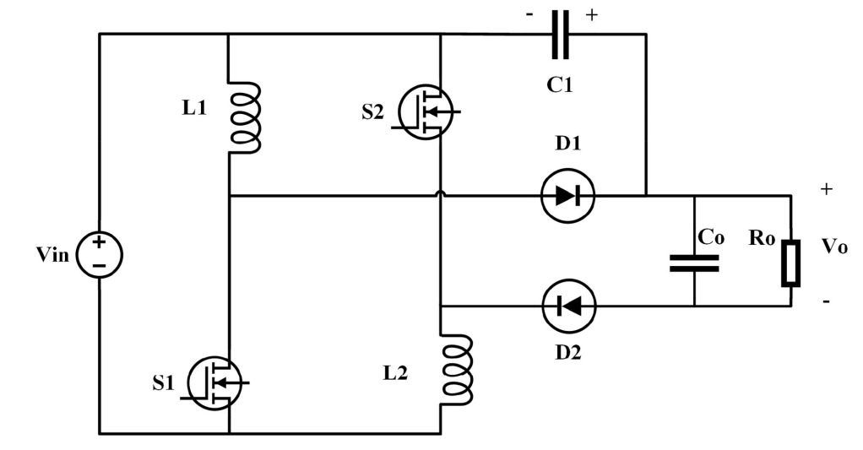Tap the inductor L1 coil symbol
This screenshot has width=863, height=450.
[244, 117]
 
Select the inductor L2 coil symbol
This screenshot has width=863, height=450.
[456, 371]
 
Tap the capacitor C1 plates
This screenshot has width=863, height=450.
[561, 34]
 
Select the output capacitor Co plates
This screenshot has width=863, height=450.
[694, 263]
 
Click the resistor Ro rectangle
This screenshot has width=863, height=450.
[791, 263]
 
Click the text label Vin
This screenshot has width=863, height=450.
[53, 255]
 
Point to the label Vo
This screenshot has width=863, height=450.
[834, 246]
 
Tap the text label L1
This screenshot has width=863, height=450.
[194, 108]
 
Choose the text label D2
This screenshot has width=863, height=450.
[568, 352]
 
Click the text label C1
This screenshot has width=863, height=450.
[560, 84]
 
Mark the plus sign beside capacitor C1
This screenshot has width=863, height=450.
[592, 15]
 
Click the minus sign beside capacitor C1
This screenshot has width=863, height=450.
[529, 15]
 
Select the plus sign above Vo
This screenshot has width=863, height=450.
[826, 189]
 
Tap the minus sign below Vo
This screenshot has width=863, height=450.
[826, 301]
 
